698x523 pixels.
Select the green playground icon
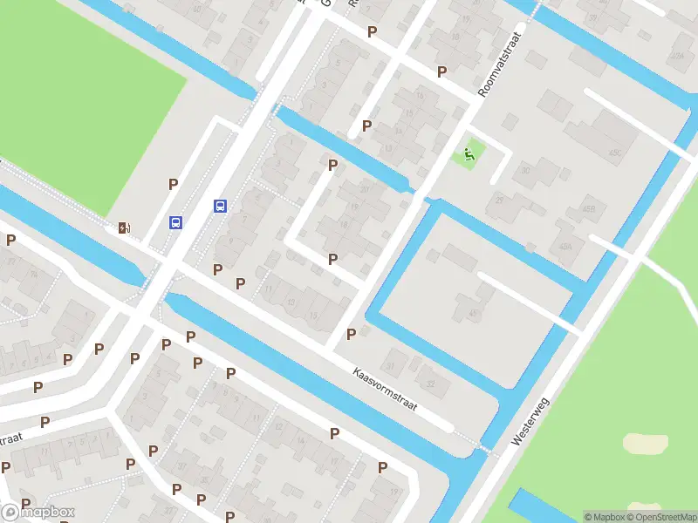click(x=469, y=156)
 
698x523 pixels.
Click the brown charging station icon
click(x=124, y=228)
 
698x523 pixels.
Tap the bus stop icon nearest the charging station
click(x=176, y=222)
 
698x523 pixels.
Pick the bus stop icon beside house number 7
click(x=221, y=207)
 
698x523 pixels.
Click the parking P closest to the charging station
click(x=174, y=184)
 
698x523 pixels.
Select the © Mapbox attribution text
click(x=604, y=517)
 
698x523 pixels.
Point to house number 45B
click(x=589, y=209)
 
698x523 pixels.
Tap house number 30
click(x=526, y=171)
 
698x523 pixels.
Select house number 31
click(x=391, y=366)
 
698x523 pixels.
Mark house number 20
click(x=364, y=189)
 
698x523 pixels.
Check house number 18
click(x=344, y=224)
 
